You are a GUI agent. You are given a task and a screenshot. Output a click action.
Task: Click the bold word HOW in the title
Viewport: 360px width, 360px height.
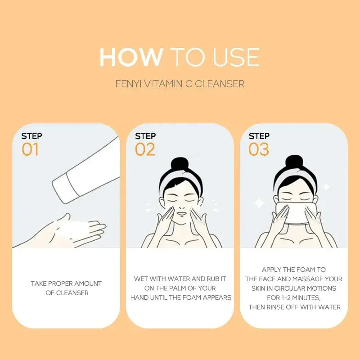(x=131, y=57)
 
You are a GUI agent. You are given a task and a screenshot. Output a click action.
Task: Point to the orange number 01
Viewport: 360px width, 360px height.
(x=31, y=149)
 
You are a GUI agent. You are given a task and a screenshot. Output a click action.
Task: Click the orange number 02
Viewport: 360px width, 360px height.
(x=145, y=149)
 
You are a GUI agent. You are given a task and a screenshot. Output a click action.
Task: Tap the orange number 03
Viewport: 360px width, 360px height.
(x=259, y=149)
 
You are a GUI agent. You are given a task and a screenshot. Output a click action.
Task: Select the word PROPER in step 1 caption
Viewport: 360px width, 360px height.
(x=63, y=283)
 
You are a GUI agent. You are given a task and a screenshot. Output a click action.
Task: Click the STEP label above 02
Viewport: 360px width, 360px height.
(x=145, y=136)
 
